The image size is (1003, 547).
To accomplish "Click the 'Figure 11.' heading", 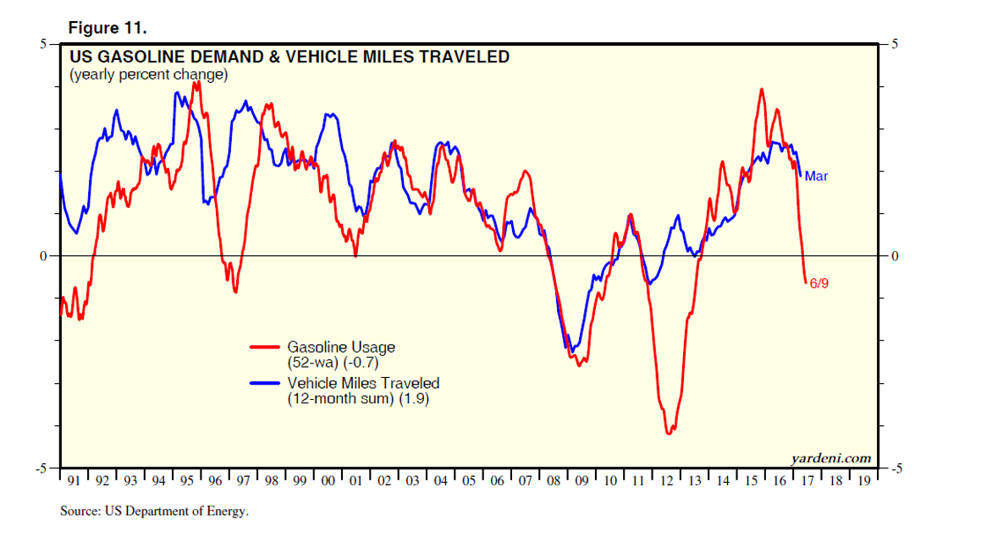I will (107, 28).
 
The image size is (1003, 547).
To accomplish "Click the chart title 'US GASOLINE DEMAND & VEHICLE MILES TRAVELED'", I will (289, 57).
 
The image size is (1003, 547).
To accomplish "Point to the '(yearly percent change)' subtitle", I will (148, 74).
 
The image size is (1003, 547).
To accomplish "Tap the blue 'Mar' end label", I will (816, 177).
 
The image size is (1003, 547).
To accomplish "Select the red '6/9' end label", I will (818, 284).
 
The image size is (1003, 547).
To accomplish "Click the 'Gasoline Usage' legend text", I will (340, 347).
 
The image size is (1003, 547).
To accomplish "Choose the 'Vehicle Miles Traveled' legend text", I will (363, 383).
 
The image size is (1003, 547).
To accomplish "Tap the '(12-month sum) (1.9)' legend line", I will (357, 399).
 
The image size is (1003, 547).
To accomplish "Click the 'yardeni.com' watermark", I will (830, 458).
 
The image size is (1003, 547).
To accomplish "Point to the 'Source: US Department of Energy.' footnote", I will (154, 511).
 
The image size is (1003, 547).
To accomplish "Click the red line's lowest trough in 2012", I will (670, 433).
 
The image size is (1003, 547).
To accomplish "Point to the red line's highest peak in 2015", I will (762, 89).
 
